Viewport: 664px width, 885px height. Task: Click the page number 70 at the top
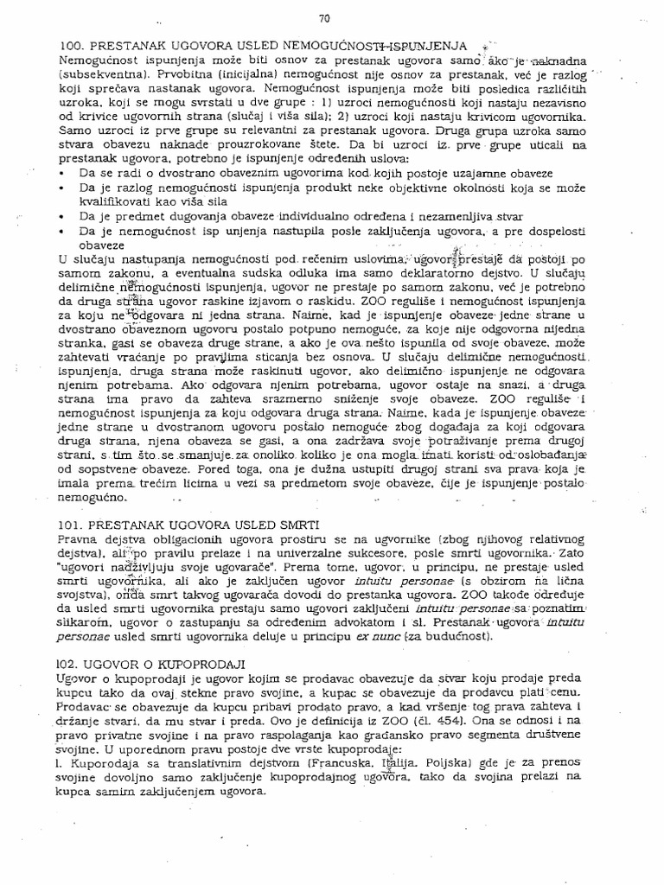point(325,17)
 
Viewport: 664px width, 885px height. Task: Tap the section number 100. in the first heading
point(71,45)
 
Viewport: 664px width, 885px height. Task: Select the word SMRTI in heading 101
point(297,525)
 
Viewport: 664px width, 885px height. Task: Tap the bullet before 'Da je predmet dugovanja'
point(64,215)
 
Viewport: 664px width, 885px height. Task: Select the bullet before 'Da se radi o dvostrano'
point(64,172)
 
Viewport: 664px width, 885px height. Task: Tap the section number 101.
point(71,525)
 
